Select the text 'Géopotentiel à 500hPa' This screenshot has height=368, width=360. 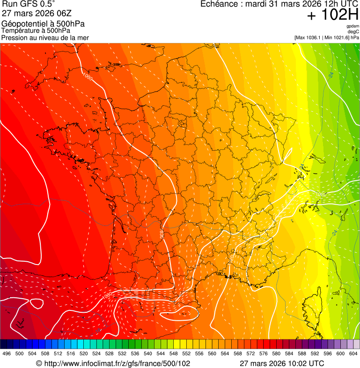coord(43,24)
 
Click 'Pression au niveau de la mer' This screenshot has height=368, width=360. coord(45,37)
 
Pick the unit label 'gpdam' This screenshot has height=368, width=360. coord(353,26)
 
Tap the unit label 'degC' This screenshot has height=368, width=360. coord(353,31)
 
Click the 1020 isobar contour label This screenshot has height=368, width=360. coord(321,194)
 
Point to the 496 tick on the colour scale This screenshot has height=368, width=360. coord(7,353)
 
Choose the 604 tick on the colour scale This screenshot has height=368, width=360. coord(353,353)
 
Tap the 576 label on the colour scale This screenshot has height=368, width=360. coord(264,353)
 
